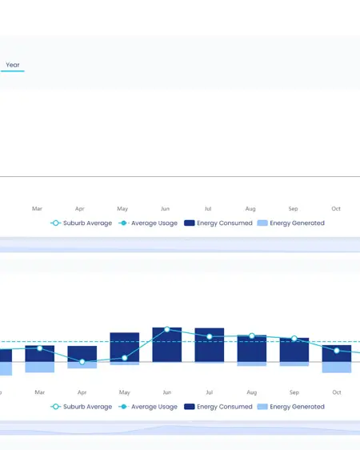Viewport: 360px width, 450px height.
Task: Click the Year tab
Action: click(x=13, y=65)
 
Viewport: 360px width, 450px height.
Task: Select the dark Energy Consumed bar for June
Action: click(x=167, y=344)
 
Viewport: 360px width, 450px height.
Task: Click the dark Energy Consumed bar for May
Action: click(x=125, y=347)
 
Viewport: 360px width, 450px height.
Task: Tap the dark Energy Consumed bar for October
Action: click(x=337, y=353)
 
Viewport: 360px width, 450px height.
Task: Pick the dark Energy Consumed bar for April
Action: click(x=82, y=354)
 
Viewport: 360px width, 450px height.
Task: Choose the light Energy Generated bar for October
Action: click(x=337, y=368)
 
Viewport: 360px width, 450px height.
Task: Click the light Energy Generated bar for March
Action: click(x=40, y=367)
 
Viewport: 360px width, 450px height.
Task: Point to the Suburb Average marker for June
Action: click(x=167, y=329)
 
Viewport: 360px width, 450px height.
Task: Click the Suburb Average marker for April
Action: click(x=82, y=362)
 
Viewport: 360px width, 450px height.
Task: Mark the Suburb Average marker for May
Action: click(x=125, y=358)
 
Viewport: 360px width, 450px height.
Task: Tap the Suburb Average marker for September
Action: click(x=294, y=339)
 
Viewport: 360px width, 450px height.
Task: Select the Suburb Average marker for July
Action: click(x=210, y=336)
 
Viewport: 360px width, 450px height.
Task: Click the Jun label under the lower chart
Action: click(x=167, y=392)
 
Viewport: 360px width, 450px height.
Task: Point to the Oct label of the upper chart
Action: click(x=336, y=209)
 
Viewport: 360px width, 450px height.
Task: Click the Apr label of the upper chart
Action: click(x=80, y=209)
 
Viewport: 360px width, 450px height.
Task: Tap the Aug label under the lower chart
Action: click(x=252, y=392)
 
